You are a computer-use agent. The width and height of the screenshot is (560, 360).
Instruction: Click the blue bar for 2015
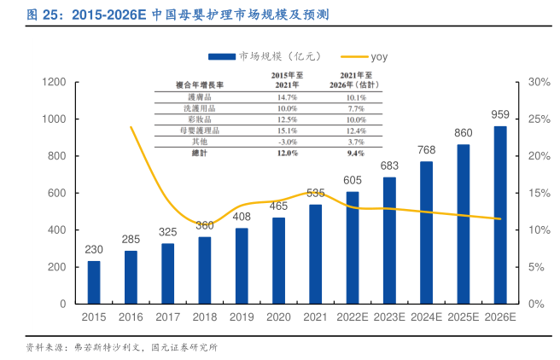[x=94, y=282]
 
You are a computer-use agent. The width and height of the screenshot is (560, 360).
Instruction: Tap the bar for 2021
[x=316, y=254]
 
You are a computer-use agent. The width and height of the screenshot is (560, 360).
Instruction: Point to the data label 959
[x=500, y=114]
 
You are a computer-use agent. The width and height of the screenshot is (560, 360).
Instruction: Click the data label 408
[x=242, y=217]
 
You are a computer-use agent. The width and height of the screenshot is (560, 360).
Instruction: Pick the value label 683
[x=390, y=165]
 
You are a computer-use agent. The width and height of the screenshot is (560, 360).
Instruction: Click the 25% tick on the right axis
[x=539, y=119]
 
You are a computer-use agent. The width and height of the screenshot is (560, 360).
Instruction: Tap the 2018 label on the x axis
[x=205, y=317]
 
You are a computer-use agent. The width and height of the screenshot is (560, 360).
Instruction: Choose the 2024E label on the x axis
[x=426, y=317]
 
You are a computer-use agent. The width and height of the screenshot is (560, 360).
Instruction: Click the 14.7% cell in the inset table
[x=287, y=98]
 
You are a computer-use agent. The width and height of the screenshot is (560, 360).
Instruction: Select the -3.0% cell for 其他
[x=287, y=142]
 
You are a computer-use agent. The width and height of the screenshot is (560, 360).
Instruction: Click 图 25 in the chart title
[x=41, y=15]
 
